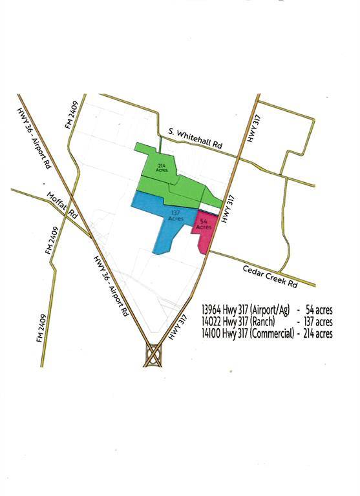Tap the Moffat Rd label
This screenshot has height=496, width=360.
62,205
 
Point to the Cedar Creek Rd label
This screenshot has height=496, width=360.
270,276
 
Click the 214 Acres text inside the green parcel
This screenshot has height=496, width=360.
161,169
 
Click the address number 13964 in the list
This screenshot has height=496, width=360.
213,309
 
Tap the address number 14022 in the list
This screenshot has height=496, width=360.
213,322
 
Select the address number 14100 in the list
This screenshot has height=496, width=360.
213,333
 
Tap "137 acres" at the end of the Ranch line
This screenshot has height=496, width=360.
317,322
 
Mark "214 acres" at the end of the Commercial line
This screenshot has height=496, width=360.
317,333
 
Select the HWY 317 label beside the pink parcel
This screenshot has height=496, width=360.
226,211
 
